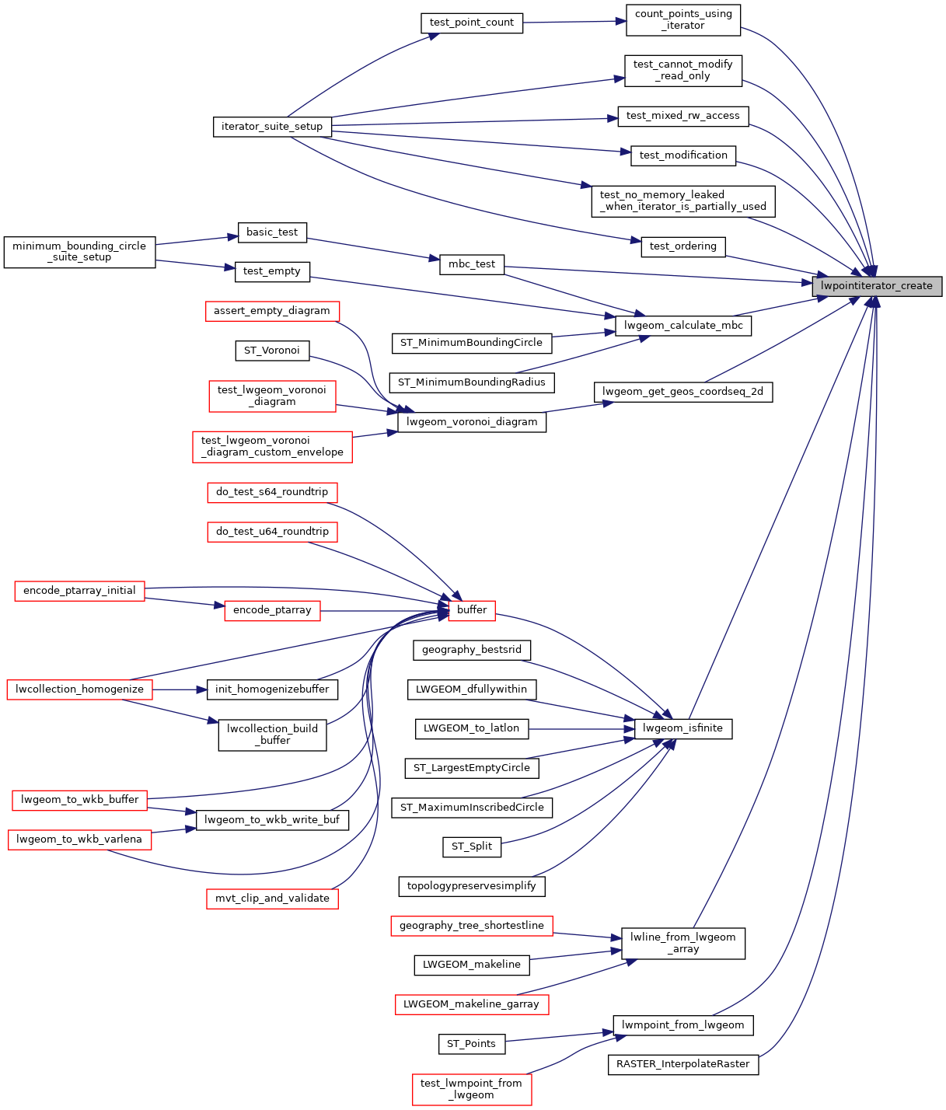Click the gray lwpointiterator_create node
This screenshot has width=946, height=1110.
[x=877, y=286]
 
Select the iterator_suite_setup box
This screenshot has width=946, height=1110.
[x=272, y=127]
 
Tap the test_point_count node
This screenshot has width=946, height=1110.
[x=471, y=23]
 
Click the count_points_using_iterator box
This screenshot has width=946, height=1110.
[x=683, y=19]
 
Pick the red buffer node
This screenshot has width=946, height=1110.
[x=472, y=610]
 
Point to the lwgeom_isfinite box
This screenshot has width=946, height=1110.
[x=683, y=728]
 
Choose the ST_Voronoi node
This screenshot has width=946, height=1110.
[x=272, y=351]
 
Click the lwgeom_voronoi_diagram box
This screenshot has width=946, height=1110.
[x=472, y=422]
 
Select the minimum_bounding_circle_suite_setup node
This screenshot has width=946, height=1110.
[x=79, y=252]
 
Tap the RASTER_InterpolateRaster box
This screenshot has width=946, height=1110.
[x=683, y=1064]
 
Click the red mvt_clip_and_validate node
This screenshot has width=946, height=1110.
[x=272, y=899]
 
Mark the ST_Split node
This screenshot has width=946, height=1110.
[x=472, y=846]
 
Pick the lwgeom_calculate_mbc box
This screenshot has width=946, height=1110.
[x=683, y=326]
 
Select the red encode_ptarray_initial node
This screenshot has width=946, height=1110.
[x=79, y=591]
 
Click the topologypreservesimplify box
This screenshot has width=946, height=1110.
[x=472, y=886]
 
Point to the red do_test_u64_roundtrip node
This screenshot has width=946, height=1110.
[x=272, y=532]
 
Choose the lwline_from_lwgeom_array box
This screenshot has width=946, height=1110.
[x=683, y=943]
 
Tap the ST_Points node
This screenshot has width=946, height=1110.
[x=472, y=1044]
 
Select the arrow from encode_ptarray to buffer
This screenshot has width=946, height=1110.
[x=384, y=611]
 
